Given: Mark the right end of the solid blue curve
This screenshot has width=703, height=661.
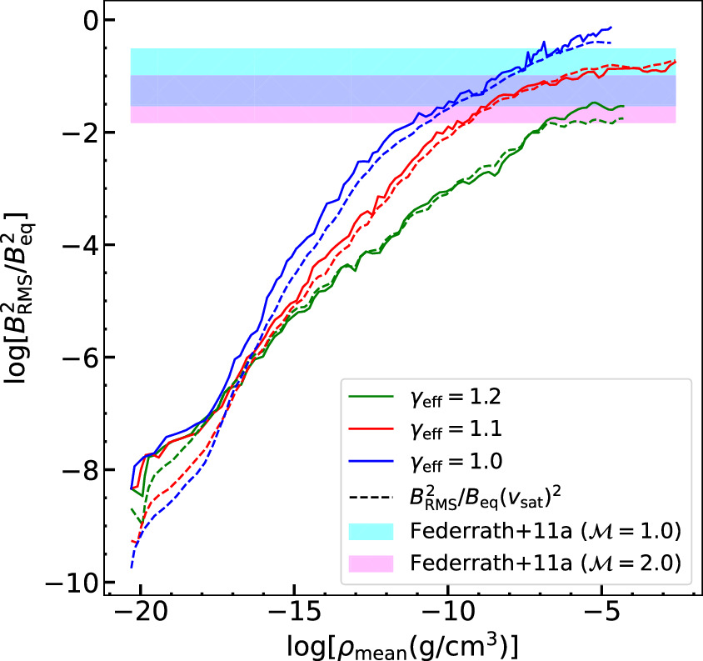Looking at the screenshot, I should coord(611,28).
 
